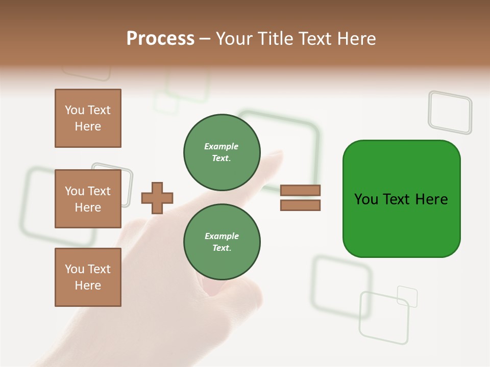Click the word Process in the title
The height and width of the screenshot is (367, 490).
pos(160,39)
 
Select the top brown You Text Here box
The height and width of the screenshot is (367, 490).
pos(88,118)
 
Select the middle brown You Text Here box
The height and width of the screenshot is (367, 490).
pos(88,199)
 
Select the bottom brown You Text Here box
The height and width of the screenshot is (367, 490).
pos(88,277)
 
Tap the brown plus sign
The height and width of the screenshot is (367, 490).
pos(157,198)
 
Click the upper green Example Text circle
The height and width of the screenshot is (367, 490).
pos(222,152)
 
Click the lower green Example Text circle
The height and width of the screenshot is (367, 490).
pos(222,242)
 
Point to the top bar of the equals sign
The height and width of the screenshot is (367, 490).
pos(301,191)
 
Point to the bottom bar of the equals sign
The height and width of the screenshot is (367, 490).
pos(301,205)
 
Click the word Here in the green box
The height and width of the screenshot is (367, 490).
pos(431,199)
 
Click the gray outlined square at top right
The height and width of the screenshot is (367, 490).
pos(450,112)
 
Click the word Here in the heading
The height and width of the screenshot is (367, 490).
pos(355,39)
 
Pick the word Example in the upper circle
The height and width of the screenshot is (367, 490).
pos(222,146)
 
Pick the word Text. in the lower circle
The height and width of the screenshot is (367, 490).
pos(222,248)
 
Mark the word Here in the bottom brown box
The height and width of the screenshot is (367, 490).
pos(88,285)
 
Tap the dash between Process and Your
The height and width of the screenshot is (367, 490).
pos(205,39)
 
